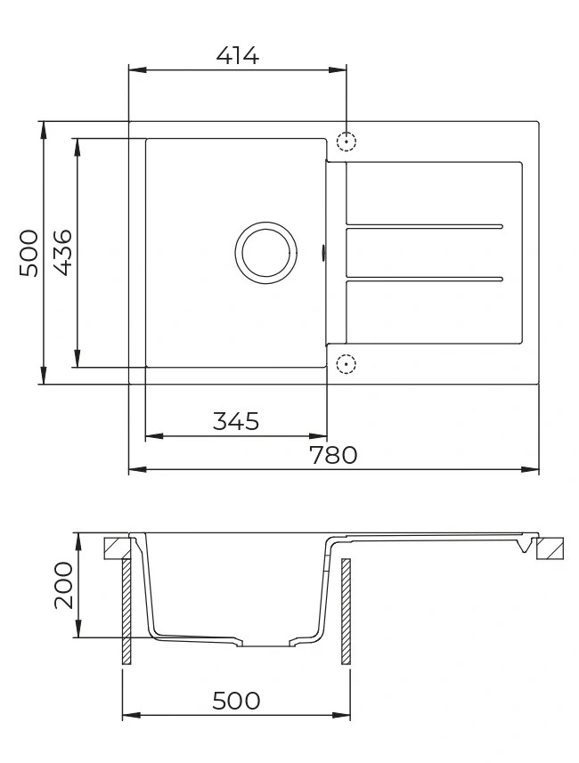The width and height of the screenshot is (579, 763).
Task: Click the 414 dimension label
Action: [x=238, y=55]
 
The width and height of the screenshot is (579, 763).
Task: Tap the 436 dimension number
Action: [x=62, y=253]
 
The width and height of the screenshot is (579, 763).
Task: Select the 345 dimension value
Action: [x=236, y=421]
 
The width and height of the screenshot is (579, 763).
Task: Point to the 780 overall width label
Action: [x=333, y=455]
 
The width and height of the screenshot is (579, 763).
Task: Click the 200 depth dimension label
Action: [x=63, y=586]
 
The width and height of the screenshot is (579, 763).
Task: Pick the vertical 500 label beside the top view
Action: [x=29, y=253]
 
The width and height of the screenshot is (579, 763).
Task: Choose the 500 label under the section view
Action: [x=236, y=701]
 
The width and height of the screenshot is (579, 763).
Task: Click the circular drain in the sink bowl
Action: [x=265, y=253]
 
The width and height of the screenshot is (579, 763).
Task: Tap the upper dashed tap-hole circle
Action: [x=347, y=142]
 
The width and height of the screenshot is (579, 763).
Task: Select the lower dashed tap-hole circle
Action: [x=347, y=364]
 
